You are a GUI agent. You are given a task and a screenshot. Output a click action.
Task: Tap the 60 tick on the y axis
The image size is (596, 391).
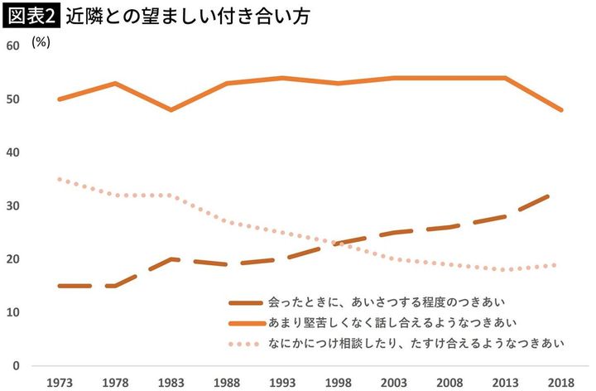(x=12, y=46)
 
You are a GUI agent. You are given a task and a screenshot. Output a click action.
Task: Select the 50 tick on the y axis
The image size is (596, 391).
(x=12, y=99)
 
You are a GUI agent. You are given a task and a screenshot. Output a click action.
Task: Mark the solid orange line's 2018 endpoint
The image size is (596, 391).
(x=562, y=109)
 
